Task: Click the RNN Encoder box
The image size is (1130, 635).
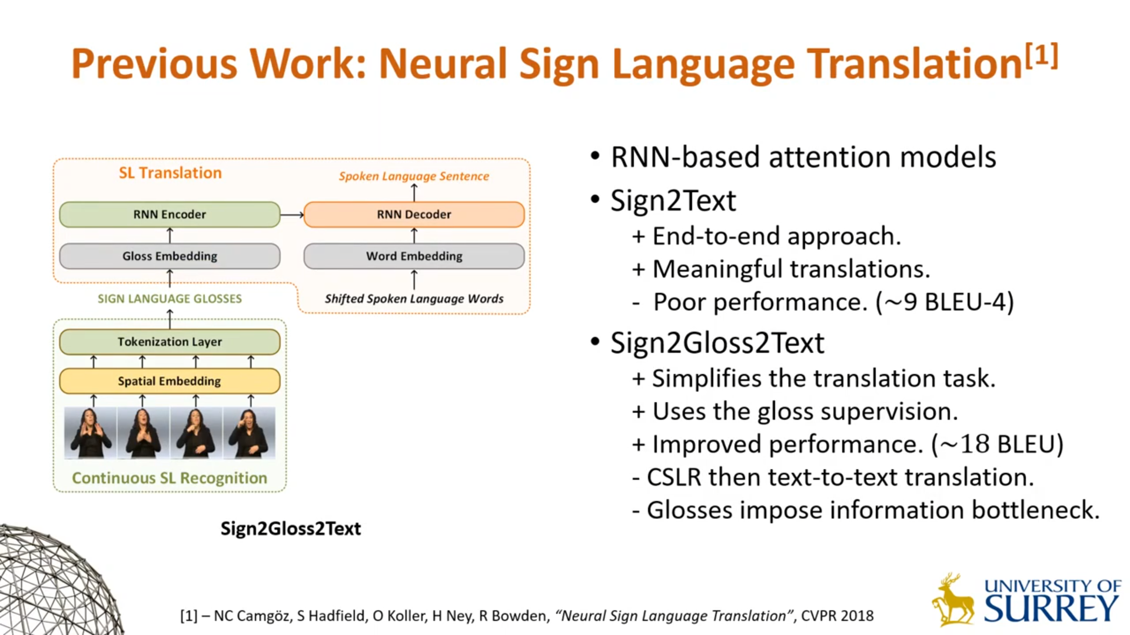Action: (x=169, y=215)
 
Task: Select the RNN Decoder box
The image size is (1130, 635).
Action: (x=414, y=215)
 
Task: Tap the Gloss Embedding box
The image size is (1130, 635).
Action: (x=169, y=256)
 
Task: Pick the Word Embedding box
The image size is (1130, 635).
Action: (x=414, y=256)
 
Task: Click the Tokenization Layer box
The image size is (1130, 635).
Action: (x=169, y=342)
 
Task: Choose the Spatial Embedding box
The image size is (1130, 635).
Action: (x=169, y=381)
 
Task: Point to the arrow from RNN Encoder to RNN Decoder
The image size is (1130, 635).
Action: (x=292, y=215)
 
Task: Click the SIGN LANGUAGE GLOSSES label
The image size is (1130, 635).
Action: (x=169, y=299)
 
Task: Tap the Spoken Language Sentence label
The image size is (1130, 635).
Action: (x=414, y=176)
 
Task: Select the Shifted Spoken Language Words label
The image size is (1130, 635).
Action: (x=414, y=299)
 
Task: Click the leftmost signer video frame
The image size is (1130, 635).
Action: (x=90, y=433)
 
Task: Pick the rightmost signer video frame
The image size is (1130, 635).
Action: (x=249, y=433)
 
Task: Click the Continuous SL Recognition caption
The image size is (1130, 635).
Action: (x=169, y=478)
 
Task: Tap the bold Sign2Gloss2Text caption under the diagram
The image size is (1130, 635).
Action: (x=291, y=529)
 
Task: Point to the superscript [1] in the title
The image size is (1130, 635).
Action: (x=1041, y=56)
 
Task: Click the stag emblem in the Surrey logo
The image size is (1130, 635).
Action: (x=952, y=600)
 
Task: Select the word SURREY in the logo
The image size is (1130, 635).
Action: (x=1051, y=609)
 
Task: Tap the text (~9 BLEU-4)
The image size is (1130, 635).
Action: (x=945, y=302)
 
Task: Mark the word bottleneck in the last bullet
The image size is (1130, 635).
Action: (x=1035, y=510)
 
